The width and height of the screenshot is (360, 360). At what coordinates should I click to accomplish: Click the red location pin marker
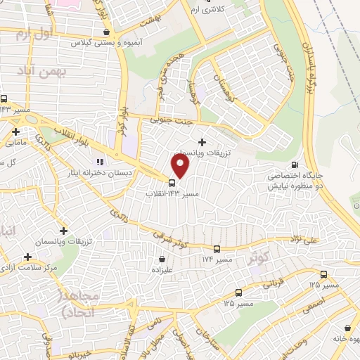181,166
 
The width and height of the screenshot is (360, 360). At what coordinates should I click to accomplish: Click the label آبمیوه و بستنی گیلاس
105,43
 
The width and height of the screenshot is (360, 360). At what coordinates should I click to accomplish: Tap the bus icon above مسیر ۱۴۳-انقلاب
173,184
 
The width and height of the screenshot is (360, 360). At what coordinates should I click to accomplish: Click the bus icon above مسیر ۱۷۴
216,249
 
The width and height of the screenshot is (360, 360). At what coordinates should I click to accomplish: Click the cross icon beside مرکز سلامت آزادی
28,257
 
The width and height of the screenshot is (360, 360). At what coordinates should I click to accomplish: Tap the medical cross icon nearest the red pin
203,142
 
